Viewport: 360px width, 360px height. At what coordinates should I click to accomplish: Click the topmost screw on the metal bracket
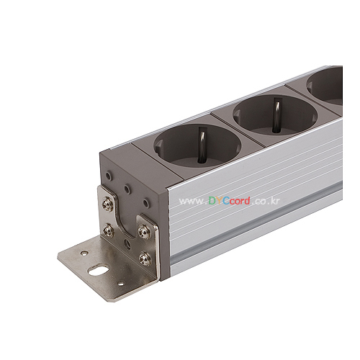(x=107, y=204)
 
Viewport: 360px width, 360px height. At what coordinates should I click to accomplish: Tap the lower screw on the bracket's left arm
(x=108, y=231)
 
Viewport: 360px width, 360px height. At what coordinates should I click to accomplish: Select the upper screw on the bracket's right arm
(x=144, y=232)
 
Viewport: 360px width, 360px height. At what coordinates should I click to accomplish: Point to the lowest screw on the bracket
(x=145, y=258)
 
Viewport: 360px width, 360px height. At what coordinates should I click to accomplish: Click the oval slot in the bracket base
(x=96, y=271)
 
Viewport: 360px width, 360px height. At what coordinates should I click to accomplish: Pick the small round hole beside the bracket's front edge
(x=121, y=284)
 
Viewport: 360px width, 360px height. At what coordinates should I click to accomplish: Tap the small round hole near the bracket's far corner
(x=84, y=253)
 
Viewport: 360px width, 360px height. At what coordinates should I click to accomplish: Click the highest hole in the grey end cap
(x=109, y=176)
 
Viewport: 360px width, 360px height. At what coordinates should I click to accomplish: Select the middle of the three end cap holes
(x=127, y=189)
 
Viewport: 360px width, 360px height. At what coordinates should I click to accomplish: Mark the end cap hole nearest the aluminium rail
(x=146, y=203)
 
